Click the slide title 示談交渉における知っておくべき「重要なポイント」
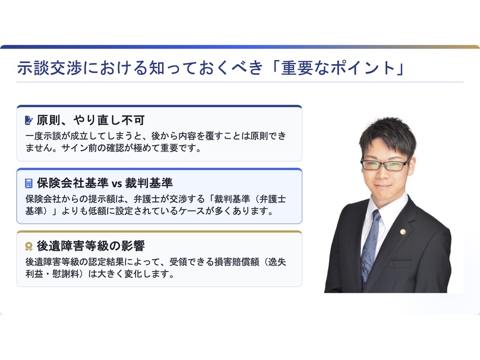coord(211,68)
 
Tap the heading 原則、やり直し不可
coord(91,120)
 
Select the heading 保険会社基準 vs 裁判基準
coord(105,183)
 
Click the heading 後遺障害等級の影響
coord(91,246)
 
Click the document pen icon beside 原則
coord(29,121)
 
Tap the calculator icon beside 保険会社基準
coord(29,184)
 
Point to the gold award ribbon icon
coord(29,247)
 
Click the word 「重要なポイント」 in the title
coord(337,68)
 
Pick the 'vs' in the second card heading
coord(116,184)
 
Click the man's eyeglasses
coord(385,165)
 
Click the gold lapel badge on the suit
coord(403,232)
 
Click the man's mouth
coord(382,186)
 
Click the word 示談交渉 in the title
coord(49,68)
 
